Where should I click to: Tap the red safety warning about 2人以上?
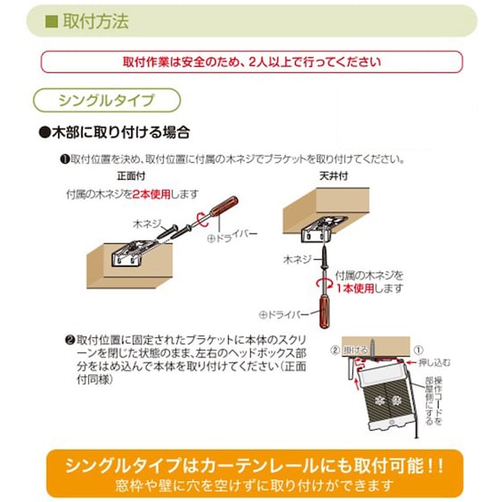[251, 63]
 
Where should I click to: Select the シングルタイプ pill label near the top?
[106, 99]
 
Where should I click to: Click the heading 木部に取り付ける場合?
[114, 134]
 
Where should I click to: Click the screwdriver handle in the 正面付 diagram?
[235, 208]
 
